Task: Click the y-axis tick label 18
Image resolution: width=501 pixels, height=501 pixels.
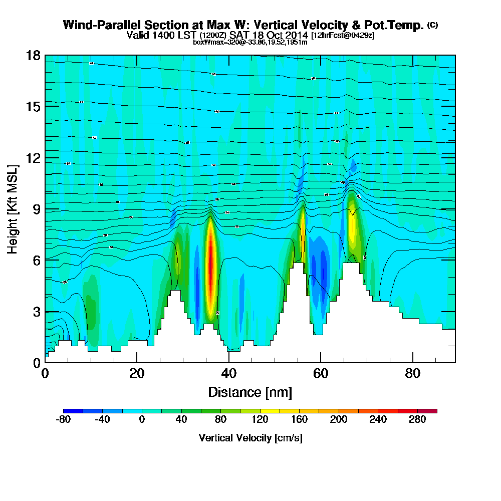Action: pos(34,55)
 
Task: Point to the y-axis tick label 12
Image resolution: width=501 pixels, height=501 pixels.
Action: pos(34,158)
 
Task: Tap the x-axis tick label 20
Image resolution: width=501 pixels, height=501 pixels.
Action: pos(137,373)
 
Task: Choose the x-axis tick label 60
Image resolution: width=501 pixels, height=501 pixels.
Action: pos(321,373)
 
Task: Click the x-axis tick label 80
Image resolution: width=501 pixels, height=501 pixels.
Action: pos(412,373)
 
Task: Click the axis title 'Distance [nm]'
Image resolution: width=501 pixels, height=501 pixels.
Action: pos(250,391)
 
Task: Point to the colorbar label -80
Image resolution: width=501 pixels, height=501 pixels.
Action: pos(63,420)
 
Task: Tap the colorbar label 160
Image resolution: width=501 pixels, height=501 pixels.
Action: pos(299,420)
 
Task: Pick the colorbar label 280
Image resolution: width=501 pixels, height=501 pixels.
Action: pos(417,420)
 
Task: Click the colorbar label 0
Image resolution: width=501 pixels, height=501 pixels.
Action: pos(142,420)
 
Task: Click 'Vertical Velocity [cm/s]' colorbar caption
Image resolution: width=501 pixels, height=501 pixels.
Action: pos(250,438)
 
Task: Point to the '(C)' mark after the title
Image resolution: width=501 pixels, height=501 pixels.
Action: pos(432,25)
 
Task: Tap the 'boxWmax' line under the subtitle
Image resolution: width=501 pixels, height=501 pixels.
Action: pos(250,42)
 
